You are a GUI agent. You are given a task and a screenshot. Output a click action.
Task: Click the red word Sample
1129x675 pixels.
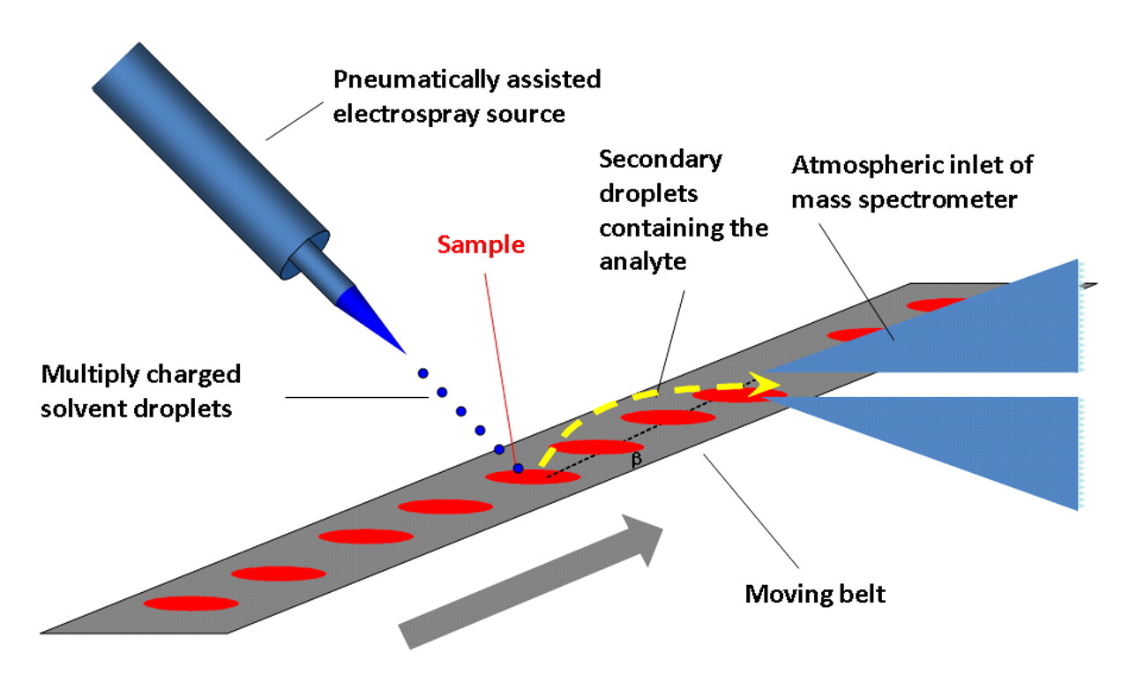(x=482, y=245)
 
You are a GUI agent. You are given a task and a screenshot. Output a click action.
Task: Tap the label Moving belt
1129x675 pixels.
(x=815, y=593)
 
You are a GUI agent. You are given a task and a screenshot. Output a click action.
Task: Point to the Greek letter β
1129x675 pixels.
(x=636, y=459)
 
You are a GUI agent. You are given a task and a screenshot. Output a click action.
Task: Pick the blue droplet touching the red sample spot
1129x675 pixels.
(x=518, y=468)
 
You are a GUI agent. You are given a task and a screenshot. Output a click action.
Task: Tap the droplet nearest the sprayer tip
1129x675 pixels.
(x=422, y=372)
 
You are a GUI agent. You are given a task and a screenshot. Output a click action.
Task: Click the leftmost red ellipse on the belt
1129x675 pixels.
(x=191, y=604)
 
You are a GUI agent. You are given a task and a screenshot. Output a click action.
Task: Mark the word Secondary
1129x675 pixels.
(x=661, y=160)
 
